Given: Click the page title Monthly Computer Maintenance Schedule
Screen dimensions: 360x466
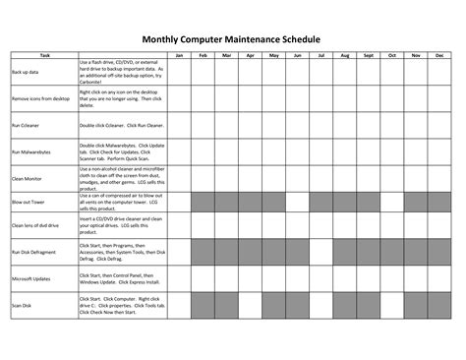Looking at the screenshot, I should tap(232, 39).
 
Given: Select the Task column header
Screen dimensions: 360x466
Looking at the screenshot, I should tap(44, 55).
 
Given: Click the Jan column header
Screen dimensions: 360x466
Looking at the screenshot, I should tap(179, 55).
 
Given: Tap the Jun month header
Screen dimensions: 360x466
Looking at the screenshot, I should tap(297, 55).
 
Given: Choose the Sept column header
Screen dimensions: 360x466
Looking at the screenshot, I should tap(369, 55).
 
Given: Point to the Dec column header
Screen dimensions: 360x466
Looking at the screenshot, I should tap(439, 55).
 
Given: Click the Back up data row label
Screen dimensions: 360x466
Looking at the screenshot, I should tap(26, 73).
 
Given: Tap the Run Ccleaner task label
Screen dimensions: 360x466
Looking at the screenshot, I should tap(27, 127).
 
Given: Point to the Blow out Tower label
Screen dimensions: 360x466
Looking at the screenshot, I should tap(29, 202).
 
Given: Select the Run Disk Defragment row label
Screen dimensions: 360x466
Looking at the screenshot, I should tap(33, 252).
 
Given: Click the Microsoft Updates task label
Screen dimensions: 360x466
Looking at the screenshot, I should tap(31, 277).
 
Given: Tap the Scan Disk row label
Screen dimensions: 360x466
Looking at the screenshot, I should tap(22, 304).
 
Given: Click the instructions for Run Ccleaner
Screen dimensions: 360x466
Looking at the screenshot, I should tap(121, 127).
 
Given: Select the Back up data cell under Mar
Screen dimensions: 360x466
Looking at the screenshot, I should tap(226, 73).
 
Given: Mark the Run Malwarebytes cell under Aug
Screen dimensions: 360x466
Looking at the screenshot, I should tap(345, 153).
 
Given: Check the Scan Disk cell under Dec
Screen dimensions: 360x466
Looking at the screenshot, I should tap(439, 304).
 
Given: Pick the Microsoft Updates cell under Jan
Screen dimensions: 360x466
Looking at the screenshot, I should tap(179, 277).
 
